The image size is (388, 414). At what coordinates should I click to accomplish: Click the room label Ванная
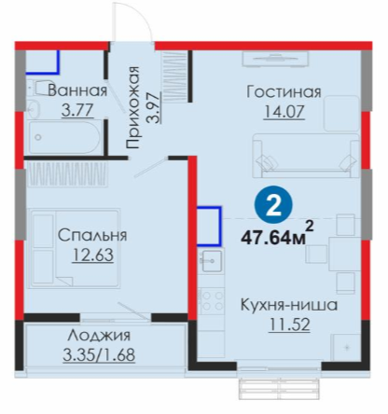[77, 90]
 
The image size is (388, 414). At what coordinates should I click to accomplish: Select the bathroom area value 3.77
[77, 110]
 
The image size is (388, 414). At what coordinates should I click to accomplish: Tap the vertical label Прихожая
[132, 107]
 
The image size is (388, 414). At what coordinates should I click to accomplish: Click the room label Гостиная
[284, 92]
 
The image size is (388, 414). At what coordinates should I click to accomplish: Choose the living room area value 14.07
[284, 112]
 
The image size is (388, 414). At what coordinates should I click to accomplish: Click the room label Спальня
[92, 235]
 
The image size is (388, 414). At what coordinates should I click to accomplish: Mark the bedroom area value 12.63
[92, 255]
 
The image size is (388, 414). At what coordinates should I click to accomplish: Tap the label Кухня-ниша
[289, 305]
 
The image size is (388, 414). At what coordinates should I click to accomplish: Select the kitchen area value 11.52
[289, 324]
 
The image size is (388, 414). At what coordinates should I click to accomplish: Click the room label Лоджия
[99, 336]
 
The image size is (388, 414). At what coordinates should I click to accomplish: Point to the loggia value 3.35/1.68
[99, 354]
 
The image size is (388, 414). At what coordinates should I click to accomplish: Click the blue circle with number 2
[273, 204]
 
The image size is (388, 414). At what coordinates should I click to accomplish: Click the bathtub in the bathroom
[64, 137]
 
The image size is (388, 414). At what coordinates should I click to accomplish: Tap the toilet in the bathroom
[40, 88]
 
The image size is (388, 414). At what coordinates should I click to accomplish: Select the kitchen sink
[212, 261]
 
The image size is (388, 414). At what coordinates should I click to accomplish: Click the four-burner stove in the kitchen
[212, 301]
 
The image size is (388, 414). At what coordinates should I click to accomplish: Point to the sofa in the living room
[306, 156]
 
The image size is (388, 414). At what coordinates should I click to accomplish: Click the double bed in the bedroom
[74, 248]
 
